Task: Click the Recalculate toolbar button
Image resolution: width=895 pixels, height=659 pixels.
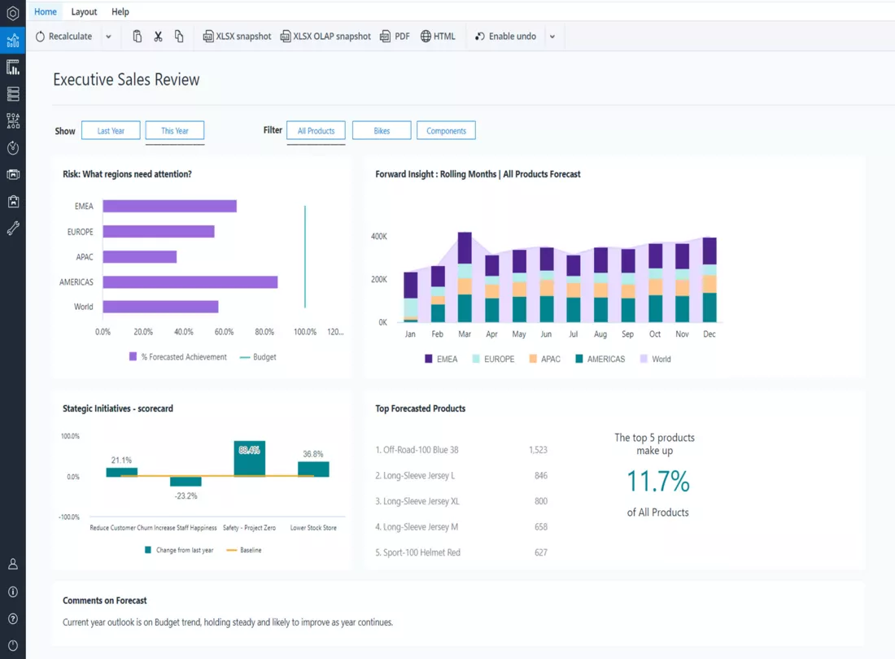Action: [x=63, y=37]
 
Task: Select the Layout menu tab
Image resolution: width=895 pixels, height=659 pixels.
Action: [x=84, y=11]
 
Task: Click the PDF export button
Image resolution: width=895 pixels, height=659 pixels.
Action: [x=395, y=37]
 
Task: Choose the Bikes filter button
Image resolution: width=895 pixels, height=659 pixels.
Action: [x=382, y=131]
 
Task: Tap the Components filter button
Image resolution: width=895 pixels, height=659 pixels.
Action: [x=446, y=131]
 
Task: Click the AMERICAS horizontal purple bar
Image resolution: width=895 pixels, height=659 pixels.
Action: [x=190, y=281]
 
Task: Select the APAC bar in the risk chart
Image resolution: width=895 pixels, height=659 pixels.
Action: [x=140, y=257]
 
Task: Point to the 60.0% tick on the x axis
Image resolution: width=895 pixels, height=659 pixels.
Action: [x=224, y=332]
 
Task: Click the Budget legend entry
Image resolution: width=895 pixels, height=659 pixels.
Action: [x=258, y=357]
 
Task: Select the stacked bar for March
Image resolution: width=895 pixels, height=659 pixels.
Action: [x=465, y=277]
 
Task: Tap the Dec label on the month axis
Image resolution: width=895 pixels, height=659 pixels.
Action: [x=709, y=334]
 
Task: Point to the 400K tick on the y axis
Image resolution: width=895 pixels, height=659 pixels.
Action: [x=379, y=236]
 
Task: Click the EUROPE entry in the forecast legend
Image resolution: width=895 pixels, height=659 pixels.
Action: [x=494, y=359]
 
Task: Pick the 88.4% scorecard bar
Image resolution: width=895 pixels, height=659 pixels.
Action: [x=250, y=458]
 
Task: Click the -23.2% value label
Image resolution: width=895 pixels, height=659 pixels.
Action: [x=186, y=495]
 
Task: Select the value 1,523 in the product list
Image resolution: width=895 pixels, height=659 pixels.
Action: [x=538, y=450]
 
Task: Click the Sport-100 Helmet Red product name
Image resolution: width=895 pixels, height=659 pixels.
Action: [x=421, y=552]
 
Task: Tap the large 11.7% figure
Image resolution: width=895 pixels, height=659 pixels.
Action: [x=658, y=481]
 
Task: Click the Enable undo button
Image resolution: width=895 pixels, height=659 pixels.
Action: [x=506, y=37]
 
